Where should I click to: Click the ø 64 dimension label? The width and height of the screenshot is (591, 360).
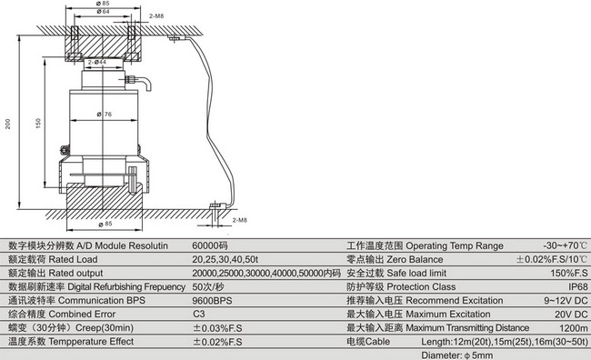[103, 12]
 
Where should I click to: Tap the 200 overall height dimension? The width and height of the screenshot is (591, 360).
[8, 124]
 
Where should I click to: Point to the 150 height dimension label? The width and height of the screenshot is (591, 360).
[38, 124]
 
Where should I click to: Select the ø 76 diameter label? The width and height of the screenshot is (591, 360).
[105, 114]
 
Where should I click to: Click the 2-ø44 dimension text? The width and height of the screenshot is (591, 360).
[97, 62]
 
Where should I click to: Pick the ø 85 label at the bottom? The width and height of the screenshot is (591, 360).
[105, 224]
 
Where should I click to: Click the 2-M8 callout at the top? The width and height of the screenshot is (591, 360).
[156, 16]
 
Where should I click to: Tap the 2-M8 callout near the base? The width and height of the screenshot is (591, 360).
[240, 220]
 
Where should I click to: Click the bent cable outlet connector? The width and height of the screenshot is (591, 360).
[138, 83]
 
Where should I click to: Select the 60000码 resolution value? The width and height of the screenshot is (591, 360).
[210, 245]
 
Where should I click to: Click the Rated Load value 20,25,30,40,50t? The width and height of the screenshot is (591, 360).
[225, 260]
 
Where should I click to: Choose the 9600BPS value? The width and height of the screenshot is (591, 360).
[212, 301]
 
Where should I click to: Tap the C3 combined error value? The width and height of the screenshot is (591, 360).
[198, 315]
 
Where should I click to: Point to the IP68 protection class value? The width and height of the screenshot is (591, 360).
[577, 287]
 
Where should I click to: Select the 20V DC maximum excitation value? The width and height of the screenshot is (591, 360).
[571, 315]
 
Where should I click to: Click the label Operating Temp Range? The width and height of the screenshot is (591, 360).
[455, 246]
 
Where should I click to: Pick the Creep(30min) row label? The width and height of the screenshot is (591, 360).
[105, 328]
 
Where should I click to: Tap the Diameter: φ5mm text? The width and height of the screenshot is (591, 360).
[457, 355]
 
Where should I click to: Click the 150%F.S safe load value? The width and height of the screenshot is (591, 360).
[569, 274]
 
